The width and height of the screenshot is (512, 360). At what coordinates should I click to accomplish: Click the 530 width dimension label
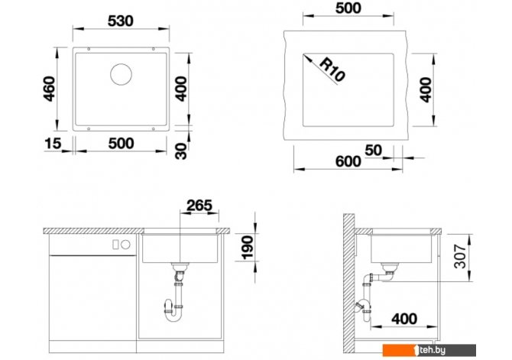coord(121,21)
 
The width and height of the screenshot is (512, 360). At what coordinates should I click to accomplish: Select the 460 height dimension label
coord(49,89)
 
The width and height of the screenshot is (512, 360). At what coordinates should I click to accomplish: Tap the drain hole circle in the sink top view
coord(122,74)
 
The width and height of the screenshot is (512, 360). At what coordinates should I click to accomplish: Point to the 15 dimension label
coord(53,143)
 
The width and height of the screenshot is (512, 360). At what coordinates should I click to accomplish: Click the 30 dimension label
coord(181,151)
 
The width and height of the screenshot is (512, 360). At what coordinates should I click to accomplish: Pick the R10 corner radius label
coord(332,70)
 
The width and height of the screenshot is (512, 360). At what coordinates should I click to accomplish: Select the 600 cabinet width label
coord(348,161)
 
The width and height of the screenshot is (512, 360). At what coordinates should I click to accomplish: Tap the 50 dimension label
coord(373,151)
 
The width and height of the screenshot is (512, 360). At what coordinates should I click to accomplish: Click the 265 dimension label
coord(199,206)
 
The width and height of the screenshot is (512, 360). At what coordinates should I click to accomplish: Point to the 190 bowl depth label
coord(247,248)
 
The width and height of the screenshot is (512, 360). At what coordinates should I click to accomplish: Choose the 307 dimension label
coord(460,256)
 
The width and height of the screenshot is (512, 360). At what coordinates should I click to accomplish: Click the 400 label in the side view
coord(404,319)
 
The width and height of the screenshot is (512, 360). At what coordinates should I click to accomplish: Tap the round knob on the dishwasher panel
coord(126,245)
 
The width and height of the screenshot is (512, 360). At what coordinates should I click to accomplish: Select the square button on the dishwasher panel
coord(115,245)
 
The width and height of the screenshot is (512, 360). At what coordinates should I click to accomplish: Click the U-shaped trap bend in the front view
coord(173,314)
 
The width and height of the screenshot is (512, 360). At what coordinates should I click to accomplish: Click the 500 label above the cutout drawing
coord(348,8)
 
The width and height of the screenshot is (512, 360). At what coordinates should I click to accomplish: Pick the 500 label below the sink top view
coord(122,144)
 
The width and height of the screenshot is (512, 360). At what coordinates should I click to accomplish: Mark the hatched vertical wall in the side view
coord(348,284)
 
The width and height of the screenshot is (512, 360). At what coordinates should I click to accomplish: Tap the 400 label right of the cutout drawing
coord(425,89)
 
